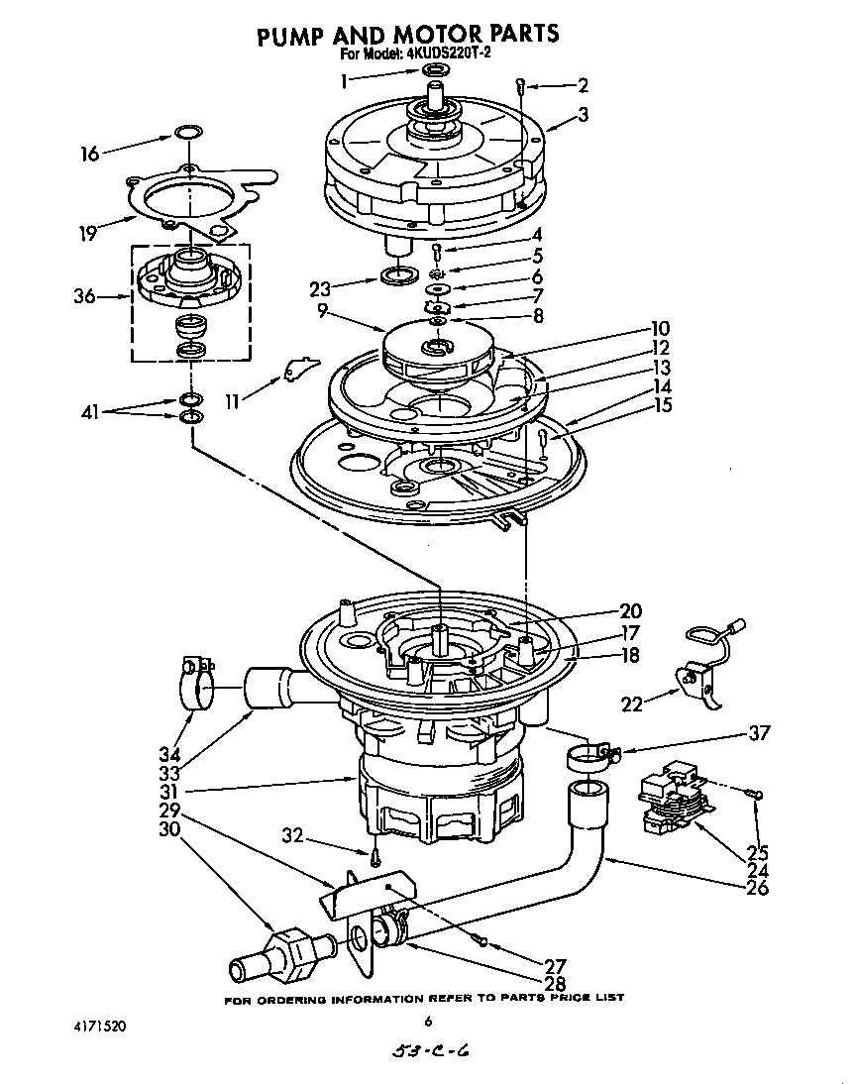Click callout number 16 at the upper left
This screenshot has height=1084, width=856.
pyautogui.click(x=90, y=154)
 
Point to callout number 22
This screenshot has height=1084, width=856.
pyautogui.click(x=631, y=705)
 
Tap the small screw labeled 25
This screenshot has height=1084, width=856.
pyautogui.click(x=756, y=792)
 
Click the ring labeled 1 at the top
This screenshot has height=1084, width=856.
pyautogui.click(x=434, y=70)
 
